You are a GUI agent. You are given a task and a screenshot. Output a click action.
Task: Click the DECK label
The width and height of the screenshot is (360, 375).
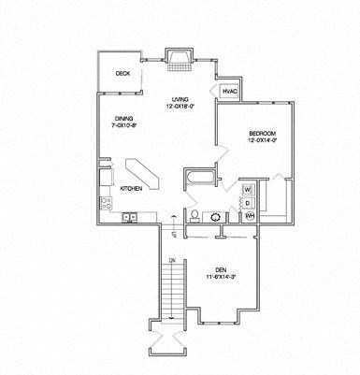point(122,74)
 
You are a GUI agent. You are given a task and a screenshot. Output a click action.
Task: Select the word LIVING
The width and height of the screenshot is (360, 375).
point(180,98)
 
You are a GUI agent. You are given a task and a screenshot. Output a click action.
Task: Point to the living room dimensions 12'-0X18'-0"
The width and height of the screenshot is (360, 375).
point(180,107)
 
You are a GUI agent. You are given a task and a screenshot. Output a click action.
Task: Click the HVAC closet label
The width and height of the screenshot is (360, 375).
point(230,91)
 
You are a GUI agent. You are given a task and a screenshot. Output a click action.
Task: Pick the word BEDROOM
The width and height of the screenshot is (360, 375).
point(262,133)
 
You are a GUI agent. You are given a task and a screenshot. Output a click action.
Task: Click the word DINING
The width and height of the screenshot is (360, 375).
point(122,117)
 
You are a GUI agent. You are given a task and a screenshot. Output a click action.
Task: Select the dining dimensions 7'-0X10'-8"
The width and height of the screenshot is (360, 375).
point(124,125)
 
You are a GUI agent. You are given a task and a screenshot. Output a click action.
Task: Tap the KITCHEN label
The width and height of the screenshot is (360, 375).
point(133,188)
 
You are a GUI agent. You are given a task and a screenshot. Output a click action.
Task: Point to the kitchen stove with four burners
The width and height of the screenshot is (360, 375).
point(105,202)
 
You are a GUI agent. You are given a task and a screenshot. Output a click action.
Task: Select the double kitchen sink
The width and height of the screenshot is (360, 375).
point(131,218)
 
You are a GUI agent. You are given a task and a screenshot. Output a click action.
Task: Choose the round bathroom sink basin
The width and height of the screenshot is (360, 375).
point(218,216)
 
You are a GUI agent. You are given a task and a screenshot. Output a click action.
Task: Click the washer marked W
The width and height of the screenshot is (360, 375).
point(249,189)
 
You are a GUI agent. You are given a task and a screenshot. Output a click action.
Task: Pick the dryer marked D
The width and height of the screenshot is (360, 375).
point(249,202)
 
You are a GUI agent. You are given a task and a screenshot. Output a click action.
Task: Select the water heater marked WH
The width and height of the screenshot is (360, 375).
point(250,216)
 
